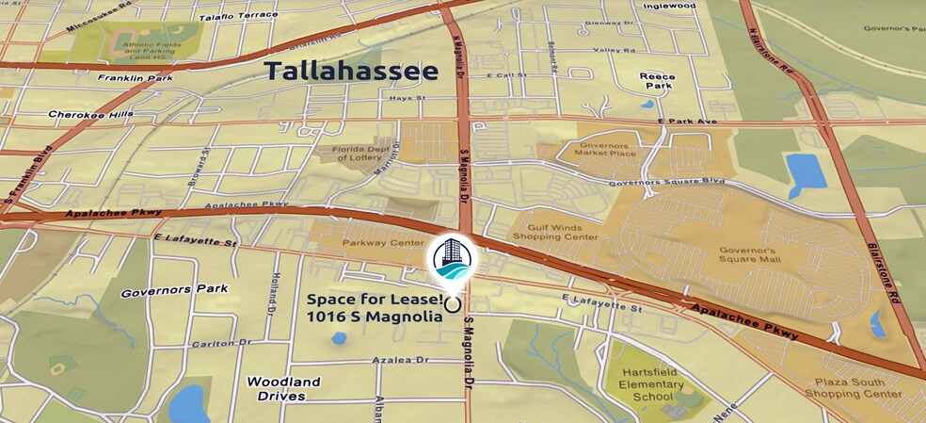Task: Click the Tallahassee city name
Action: coord(351,71)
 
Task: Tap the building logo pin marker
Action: coord(453,259)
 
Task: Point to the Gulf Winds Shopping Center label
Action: coord(554,233)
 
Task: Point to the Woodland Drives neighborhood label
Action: coord(283,388)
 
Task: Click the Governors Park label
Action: coord(162,293)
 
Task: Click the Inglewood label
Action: coord(669,6)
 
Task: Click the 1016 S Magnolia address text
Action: coord(375,317)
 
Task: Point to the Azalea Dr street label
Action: coord(399,360)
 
